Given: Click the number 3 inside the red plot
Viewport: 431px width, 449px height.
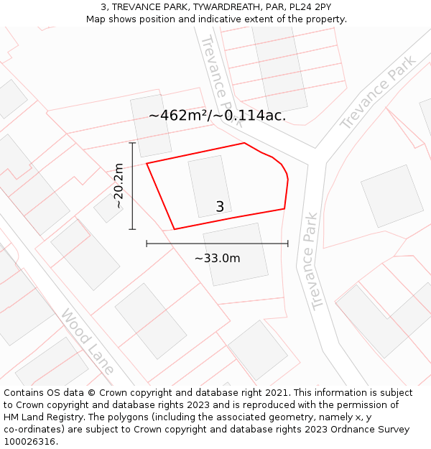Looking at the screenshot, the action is tap(220, 207).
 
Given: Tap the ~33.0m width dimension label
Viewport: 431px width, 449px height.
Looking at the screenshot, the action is tap(217, 259).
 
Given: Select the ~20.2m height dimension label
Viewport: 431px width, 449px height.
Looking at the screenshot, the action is tap(119, 186).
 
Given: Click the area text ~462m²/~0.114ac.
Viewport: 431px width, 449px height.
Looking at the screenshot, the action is tap(217, 115).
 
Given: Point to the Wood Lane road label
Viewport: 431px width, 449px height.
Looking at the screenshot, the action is tap(88, 341).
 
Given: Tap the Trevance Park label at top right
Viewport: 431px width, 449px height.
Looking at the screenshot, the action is tap(378, 93).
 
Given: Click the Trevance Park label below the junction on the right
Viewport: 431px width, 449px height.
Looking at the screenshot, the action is tap(310, 261).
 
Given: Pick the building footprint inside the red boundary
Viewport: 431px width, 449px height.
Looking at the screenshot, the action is tap(209, 187).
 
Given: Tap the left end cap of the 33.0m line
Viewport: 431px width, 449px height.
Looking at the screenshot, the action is tap(147, 244).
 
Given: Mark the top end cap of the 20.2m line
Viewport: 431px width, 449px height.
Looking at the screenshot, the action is tap(132, 143).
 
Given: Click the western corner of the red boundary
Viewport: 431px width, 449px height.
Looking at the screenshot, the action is tap(147, 164).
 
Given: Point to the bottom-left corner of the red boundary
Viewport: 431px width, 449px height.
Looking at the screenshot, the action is tap(174, 229).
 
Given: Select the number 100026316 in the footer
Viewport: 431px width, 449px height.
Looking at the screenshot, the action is tap(29, 442).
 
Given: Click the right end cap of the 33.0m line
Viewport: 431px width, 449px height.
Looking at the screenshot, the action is tap(287, 244).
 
